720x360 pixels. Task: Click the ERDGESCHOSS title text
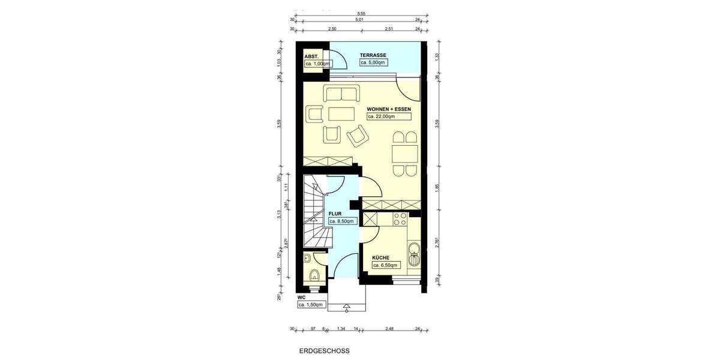[x=324, y=351]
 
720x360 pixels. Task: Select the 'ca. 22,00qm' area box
[x=388, y=116]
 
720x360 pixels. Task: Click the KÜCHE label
[x=382, y=256]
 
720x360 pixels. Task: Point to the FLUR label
[x=335, y=213]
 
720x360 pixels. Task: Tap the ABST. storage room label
[x=311, y=56]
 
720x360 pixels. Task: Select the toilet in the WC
[x=314, y=275]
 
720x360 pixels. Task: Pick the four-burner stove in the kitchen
[x=400, y=219]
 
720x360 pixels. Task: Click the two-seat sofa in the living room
[x=341, y=94]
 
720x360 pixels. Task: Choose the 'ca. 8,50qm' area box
[x=342, y=221]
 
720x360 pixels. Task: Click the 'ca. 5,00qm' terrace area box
[x=373, y=62]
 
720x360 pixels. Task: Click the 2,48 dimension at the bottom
[x=391, y=328]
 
